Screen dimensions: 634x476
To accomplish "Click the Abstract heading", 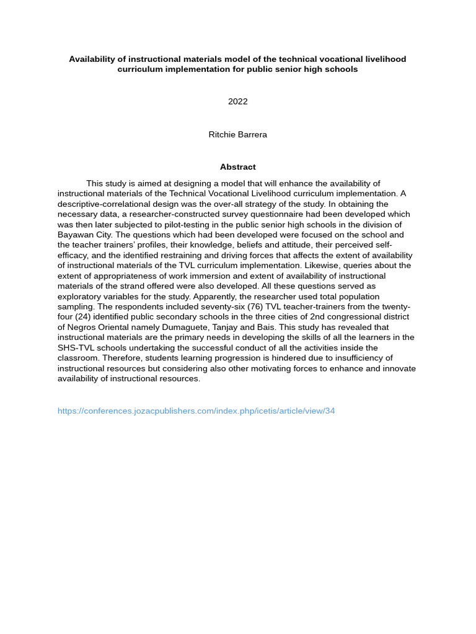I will coord(237,167).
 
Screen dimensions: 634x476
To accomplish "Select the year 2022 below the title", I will coord(237,102).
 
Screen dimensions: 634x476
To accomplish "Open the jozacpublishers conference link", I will coord(196,411).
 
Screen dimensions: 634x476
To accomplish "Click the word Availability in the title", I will coord(90,59).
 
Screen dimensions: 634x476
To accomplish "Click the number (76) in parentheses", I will coord(252,306).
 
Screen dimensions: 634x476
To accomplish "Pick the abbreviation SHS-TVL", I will coord(77,348).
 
